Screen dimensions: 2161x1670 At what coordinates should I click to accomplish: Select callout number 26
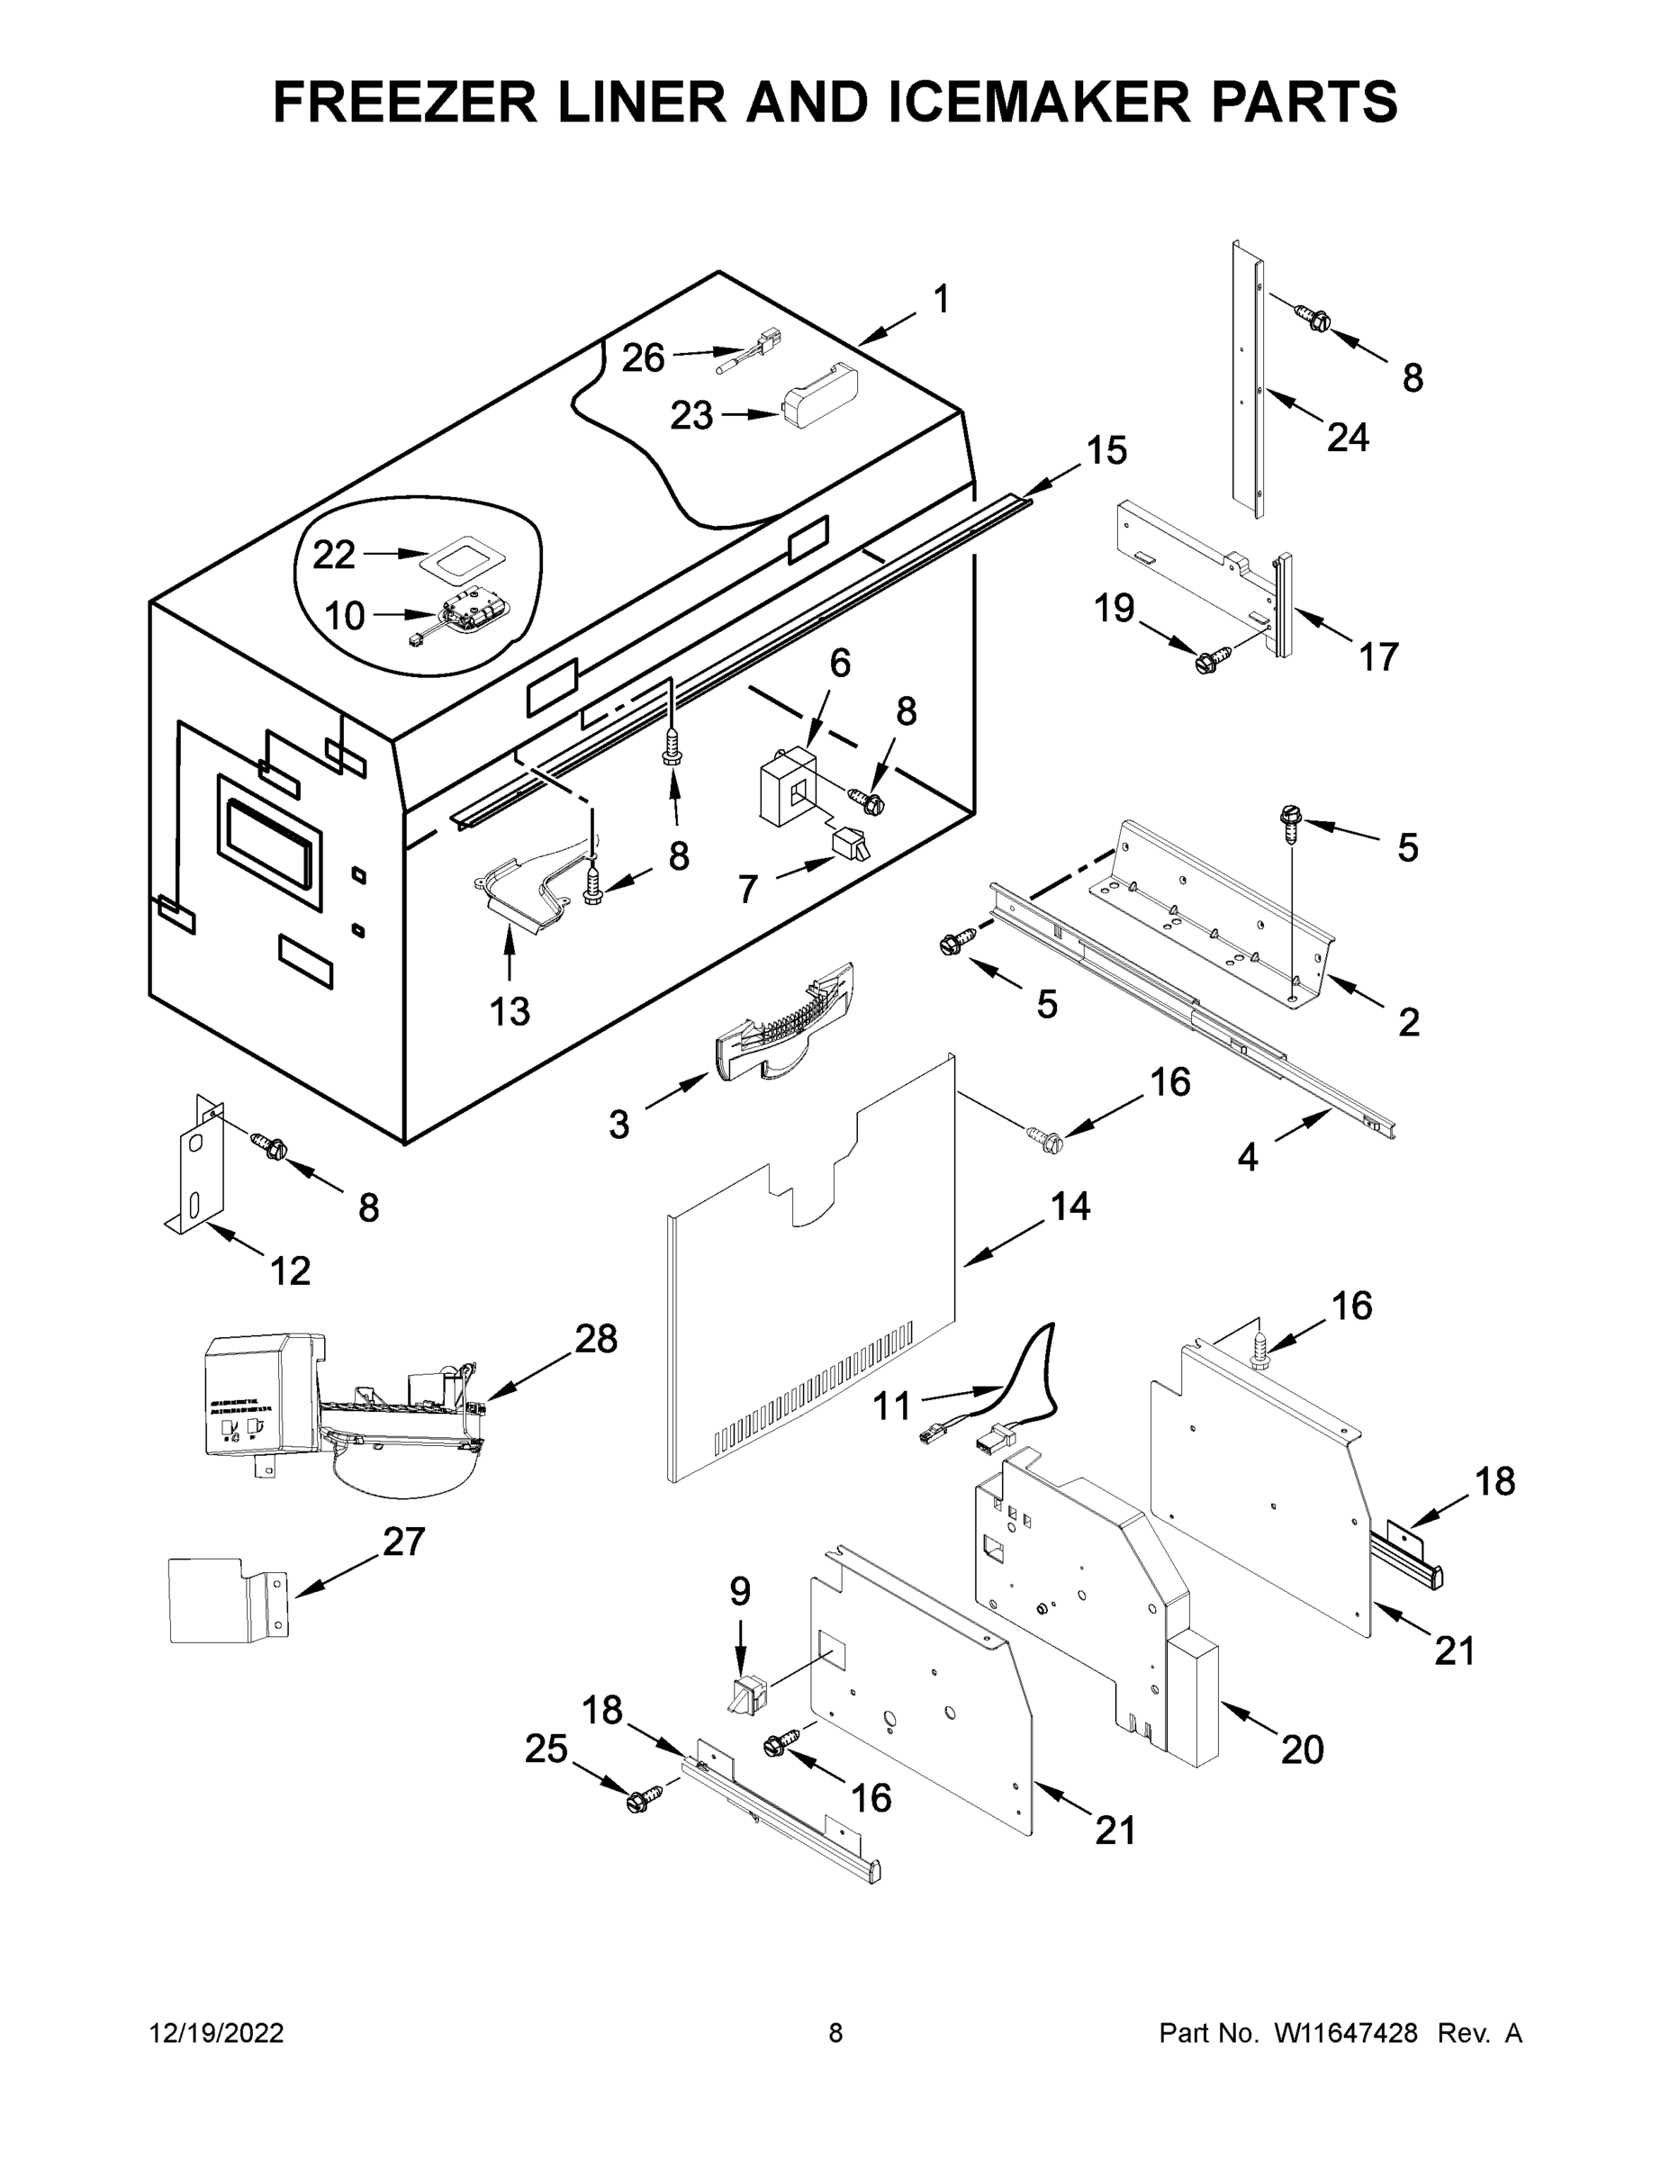click(643, 358)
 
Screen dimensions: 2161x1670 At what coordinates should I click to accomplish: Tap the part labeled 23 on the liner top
click(820, 396)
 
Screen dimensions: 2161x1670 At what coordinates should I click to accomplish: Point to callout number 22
click(333, 555)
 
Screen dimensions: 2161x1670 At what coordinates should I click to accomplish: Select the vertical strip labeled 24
click(1249, 381)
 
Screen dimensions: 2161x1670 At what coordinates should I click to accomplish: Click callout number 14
click(1070, 1207)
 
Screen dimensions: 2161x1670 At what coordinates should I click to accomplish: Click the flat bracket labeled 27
click(222, 1601)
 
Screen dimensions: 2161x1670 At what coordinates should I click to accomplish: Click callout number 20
click(1301, 1750)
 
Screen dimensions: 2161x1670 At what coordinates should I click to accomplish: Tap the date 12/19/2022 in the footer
click(217, 2032)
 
